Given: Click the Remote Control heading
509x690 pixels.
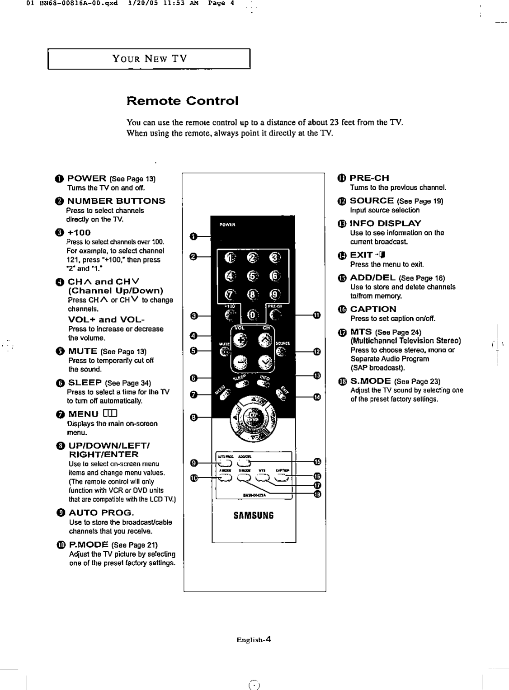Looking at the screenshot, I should click(x=182, y=101).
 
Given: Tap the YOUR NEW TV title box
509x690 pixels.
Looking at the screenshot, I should click(x=149, y=59).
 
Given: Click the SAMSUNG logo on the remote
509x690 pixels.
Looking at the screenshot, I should click(x=254, y=516).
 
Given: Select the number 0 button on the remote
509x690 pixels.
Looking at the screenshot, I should click(x=253, y=314).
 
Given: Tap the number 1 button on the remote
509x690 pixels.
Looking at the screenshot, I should click(x=231, y=257).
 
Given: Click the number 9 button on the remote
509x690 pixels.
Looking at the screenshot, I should click(x=275, y=295).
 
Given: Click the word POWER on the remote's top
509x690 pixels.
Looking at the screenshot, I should click(x=227, y=225).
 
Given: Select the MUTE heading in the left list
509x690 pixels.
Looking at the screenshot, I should click(x=83, y=351).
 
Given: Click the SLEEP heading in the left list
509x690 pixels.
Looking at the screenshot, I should click(x=85, y=383).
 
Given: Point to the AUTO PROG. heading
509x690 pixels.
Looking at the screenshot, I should click(x=101, y=512).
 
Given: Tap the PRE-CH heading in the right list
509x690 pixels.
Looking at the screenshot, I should click(x=369, y=178).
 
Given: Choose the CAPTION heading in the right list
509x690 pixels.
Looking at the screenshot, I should click(x=373, y=309).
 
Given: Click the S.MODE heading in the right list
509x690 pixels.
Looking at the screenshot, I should click(x=371, y=381).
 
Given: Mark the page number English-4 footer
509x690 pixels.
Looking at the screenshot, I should click(x=254, y=639).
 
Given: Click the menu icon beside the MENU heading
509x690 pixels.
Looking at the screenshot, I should click(x=110, y=413).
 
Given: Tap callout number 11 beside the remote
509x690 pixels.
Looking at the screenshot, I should click(x=316, y=315).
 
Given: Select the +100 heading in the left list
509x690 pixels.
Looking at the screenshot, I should click(x=79, y=233).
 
